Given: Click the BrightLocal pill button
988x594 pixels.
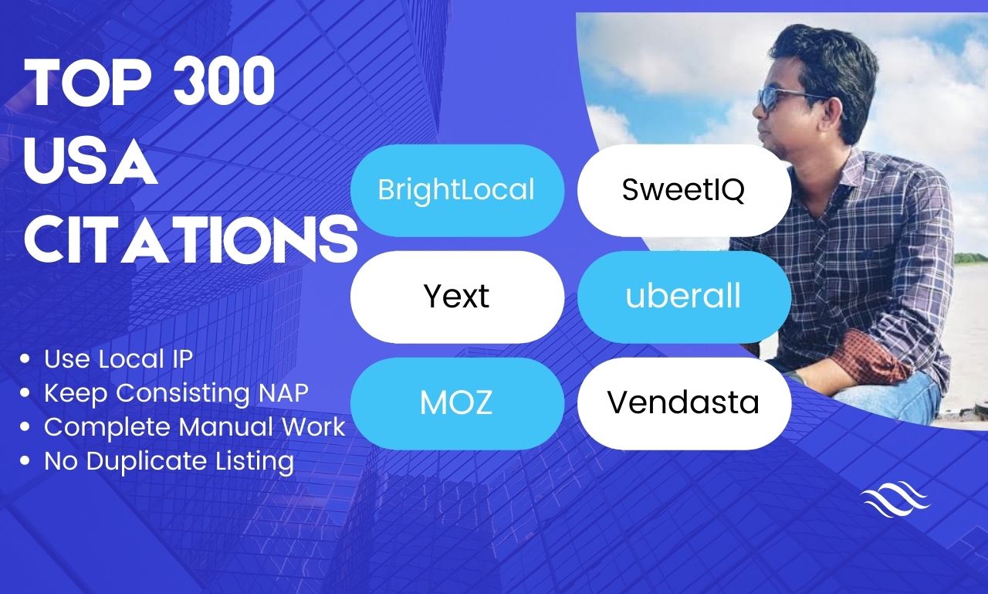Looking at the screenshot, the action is coord(458,190).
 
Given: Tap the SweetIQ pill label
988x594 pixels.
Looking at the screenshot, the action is coord(684,190).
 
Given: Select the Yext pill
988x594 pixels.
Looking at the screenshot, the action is coord(458,297).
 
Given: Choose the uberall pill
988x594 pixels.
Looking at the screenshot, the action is coord(684,297).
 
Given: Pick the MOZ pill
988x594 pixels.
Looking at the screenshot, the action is coord(458,403).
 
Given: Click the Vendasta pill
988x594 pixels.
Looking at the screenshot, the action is coord(684,403).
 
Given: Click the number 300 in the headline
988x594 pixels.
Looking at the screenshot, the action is coord(224,82).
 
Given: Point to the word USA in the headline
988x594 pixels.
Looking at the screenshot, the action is coord(90,162).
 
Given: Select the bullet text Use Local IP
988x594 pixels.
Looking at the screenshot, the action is coord(118,358).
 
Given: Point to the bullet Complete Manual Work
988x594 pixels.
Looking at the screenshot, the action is coord(195,427).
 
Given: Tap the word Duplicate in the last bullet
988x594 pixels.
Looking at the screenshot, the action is coord(147,462).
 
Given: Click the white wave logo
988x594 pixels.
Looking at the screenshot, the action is coord(895,499).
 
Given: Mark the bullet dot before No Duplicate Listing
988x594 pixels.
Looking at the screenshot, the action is coord(25,460).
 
